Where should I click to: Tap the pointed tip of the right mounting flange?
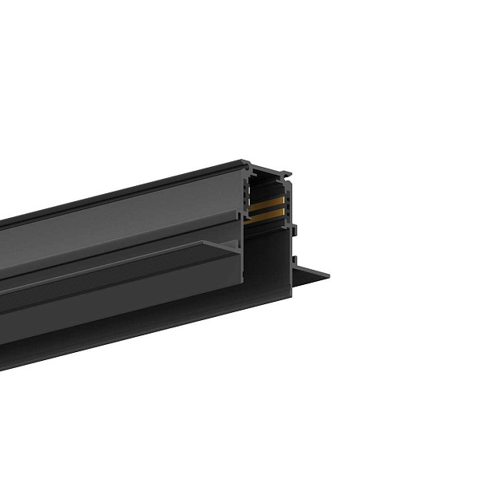click(x=327, y=275)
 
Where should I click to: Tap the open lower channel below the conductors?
click(x=267, y=263)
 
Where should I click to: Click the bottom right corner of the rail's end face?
click(x=291, y=296)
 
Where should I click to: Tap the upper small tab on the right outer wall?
click(x=294, y=232)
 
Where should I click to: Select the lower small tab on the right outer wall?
click(x=294, y=259)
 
